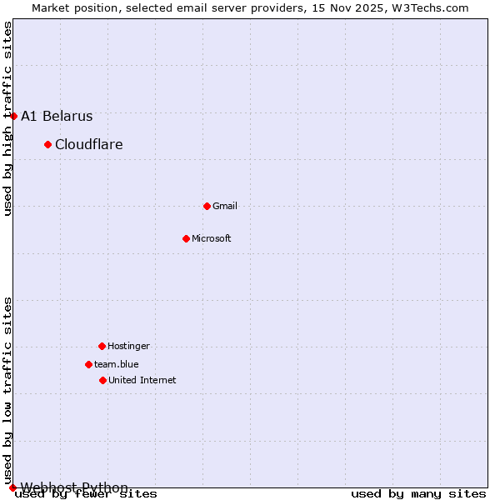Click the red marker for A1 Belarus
[13, 116]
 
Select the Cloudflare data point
[47, 144]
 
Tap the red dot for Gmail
[207, 206]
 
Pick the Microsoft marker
[186, 238]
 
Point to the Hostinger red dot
[102, 346]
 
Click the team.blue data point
[88, 364]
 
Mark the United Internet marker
[102, 380]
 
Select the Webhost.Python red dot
[12, 487]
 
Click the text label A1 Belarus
[57, 117]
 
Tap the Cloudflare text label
[88, 145]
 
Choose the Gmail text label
[225, 206]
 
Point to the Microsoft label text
[211, 238]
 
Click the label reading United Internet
[142, 380]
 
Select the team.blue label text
[116, 364]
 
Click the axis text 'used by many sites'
[418, 494]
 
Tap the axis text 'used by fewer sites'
[86, 494]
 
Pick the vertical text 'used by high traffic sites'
[7, 118]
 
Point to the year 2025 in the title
[343, 7]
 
